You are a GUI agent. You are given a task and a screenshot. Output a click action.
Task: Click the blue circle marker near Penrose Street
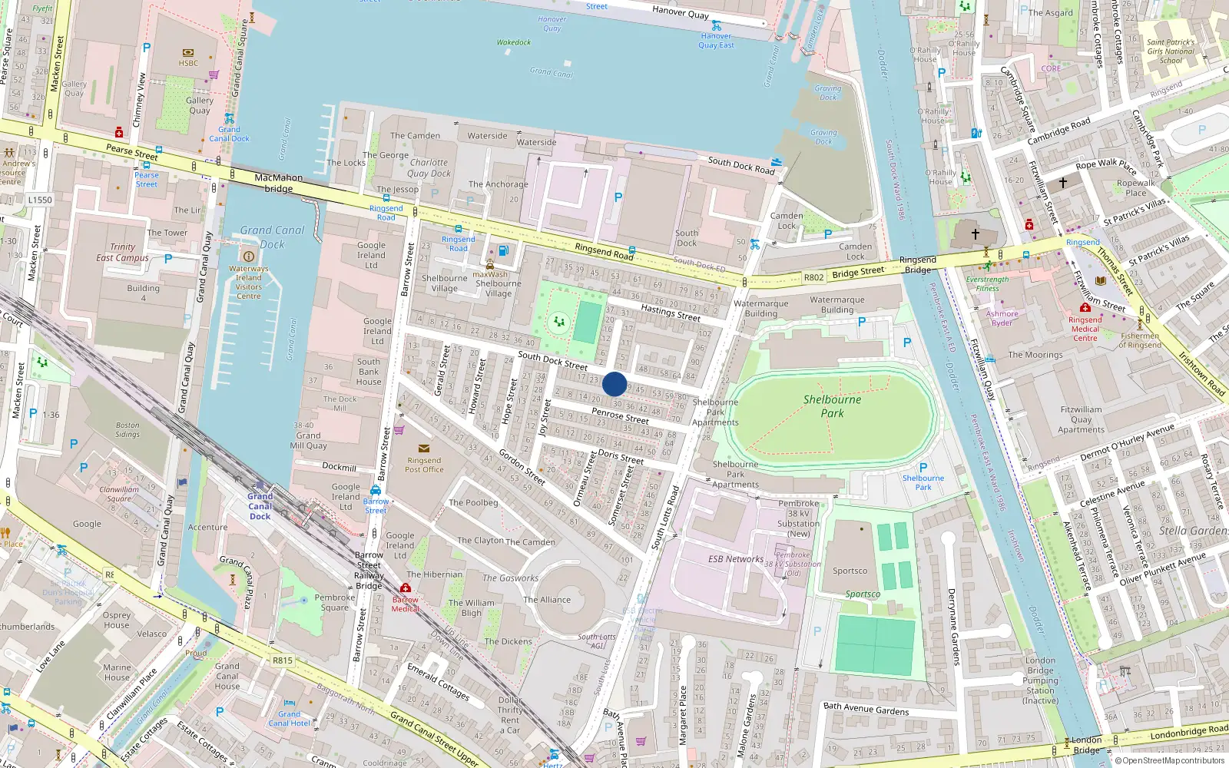point(614,384)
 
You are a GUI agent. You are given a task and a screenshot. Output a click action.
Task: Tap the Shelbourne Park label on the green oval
point(832,406)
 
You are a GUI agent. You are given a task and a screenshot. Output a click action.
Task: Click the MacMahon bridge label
point(278,183)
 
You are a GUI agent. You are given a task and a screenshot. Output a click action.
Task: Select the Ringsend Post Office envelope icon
point(423,449)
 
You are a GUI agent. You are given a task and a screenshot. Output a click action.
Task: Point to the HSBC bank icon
point(188,53)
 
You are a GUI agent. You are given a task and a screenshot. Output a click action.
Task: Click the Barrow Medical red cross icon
point(406,588)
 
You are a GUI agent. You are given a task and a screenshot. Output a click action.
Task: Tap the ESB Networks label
point(735,559)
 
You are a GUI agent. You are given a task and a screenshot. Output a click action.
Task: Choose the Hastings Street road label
point(670,313)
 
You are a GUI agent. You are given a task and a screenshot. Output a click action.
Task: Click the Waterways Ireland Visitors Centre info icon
point(248,256)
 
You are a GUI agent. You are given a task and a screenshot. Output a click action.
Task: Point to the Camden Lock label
point(786,220)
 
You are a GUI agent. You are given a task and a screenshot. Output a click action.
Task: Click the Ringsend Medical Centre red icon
point(1085,309)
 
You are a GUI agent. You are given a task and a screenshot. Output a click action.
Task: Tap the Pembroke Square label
point(334,602)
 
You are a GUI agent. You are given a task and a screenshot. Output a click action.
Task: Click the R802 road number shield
point(813,277)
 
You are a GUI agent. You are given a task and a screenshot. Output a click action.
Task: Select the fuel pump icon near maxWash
point(503,250)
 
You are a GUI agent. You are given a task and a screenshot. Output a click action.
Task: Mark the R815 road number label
point(282,660)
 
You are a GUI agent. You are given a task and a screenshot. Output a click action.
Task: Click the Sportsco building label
point(850,571)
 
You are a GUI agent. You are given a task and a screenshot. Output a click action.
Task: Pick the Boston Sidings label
point(128,429)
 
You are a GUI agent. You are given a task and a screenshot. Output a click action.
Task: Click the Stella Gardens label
point(1193,531)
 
